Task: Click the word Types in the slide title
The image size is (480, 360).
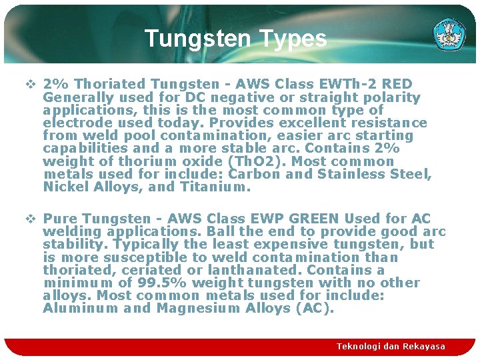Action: pos(293,39)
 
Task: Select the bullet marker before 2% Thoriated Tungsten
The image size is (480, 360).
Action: pos(31,84)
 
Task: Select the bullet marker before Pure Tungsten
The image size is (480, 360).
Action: pos(31,219)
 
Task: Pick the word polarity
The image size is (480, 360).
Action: pos(395,97)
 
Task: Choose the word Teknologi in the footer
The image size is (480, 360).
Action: pos(360,347)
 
